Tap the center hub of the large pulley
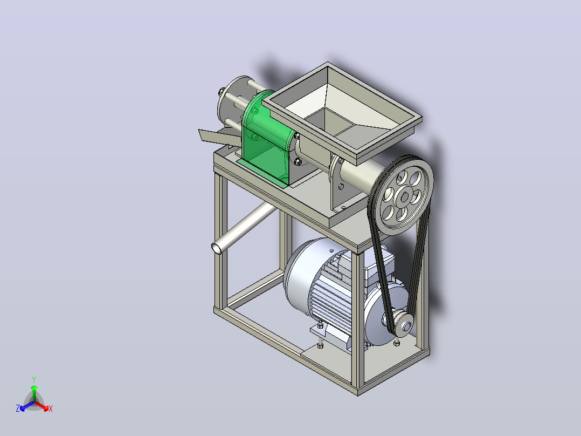click(x=404, y=196)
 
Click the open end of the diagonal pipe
click(x=217, y=248)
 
